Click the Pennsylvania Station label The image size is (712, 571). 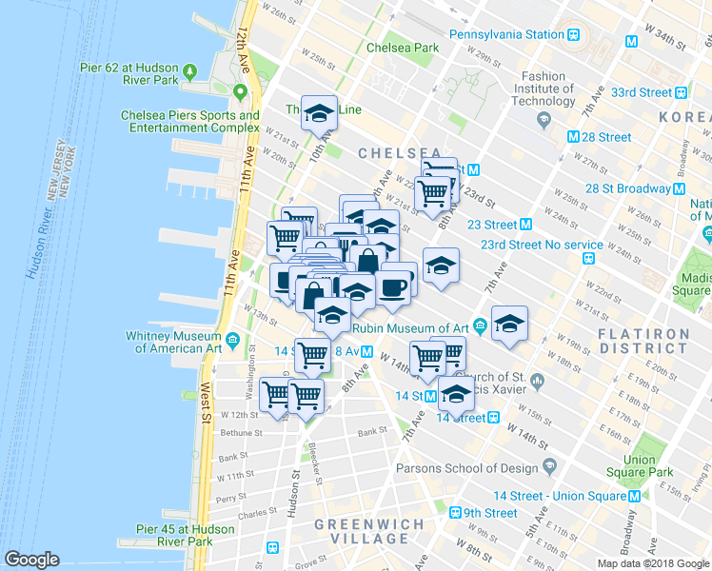[506, 34]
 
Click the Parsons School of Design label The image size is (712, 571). [466, 467]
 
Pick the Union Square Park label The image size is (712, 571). [653, 466]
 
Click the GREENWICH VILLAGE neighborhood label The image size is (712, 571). [361, 531]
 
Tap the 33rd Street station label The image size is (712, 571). [642, 92]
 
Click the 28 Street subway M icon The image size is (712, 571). [573, 137]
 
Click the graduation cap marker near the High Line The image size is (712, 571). [320, 113]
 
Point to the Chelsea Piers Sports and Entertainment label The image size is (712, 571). [190, 122]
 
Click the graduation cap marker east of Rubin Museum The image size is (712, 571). [509, 324]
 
